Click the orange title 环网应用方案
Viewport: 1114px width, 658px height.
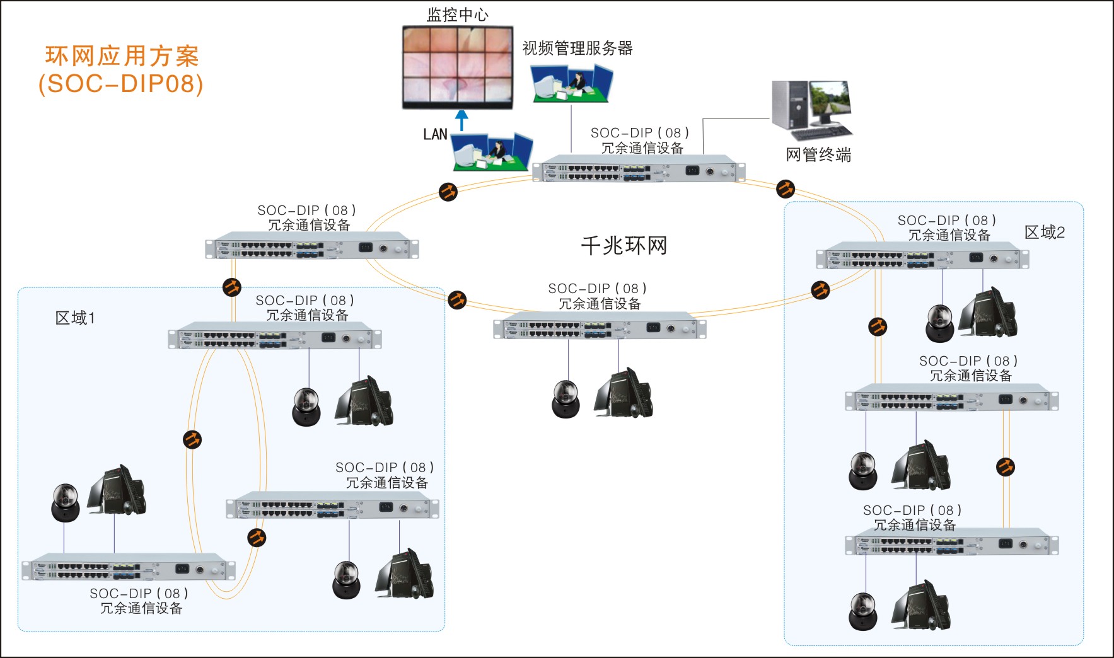(122, 56)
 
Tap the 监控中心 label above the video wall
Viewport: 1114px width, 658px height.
(457, 14)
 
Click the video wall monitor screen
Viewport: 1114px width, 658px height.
(458, 66)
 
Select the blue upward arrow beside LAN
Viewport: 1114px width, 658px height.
(462, 120)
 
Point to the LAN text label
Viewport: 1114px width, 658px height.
(435, 134)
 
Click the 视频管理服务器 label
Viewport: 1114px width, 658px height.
(577, 49)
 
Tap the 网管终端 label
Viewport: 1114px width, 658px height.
(818, 154)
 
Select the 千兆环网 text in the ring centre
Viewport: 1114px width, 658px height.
(624, 245)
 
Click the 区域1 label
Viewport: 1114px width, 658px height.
(75, 318)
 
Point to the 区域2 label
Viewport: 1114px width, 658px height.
(1044, 233)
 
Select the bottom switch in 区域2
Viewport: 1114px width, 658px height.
(951, 545)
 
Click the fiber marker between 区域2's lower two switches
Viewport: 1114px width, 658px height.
(1006, 467)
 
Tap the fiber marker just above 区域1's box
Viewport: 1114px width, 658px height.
(232, 287)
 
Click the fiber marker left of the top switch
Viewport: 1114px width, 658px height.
(448, 192)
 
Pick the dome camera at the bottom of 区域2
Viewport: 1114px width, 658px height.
(862, 612)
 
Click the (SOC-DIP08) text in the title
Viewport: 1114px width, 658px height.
(121, 84)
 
